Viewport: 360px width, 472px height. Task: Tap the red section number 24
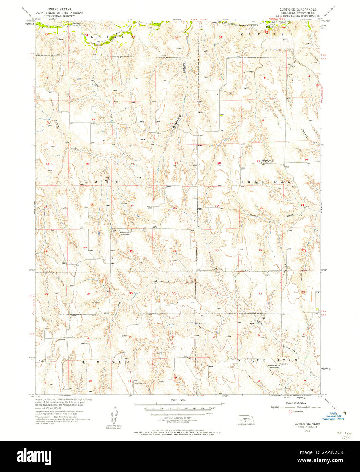175,208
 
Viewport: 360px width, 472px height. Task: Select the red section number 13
176,163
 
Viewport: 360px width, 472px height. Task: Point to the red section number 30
217,250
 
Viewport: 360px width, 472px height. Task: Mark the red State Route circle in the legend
290,411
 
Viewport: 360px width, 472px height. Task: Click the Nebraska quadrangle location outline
246,419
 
